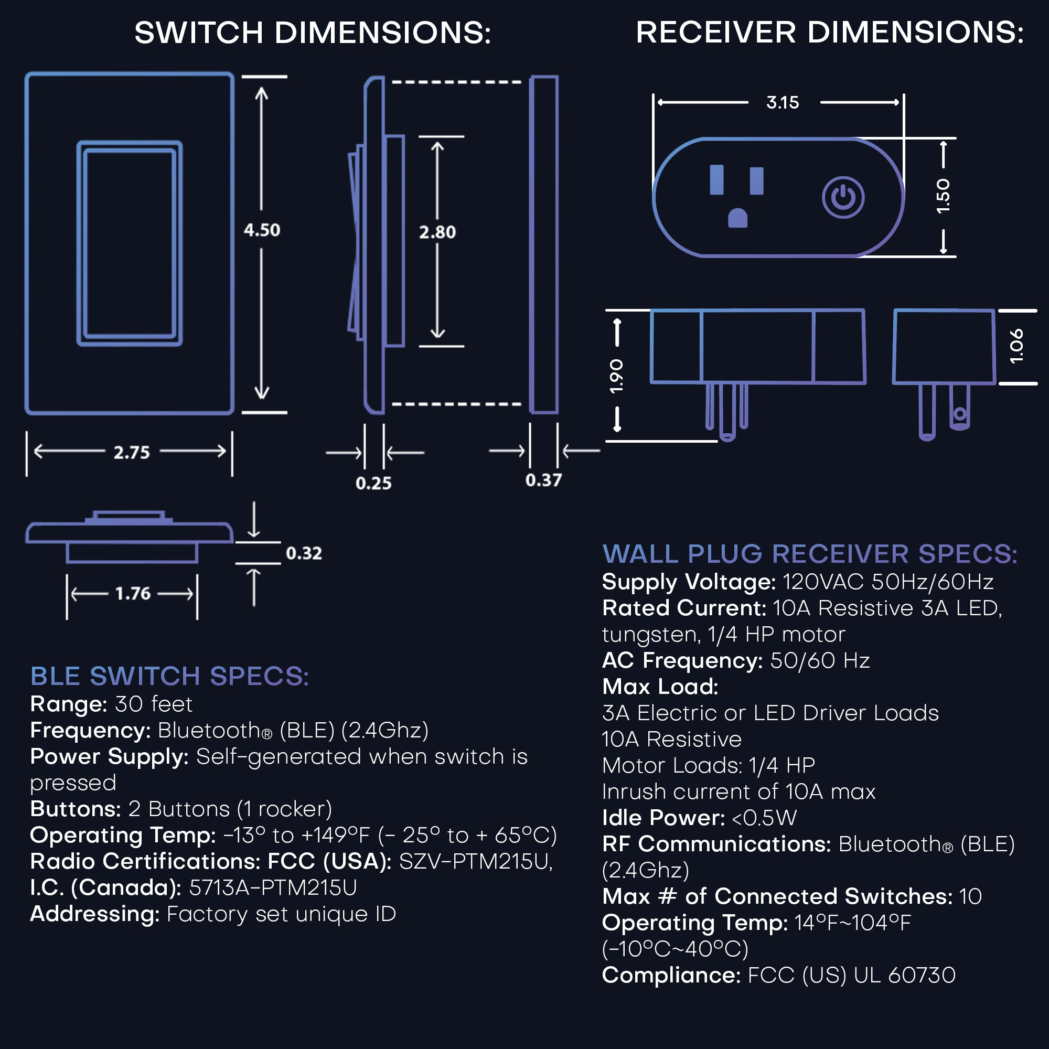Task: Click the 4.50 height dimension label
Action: pyautogui.click(x=262, y=230)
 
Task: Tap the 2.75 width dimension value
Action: pyautogui.click(x=132, y=452)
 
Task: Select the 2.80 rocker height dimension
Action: pyautogui.click(x=437, y=232)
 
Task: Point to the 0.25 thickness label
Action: pyautogui.click(x=373, y=483)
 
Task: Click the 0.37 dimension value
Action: pyautogui.click(x=543, y=480)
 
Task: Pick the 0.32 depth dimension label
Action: pyautogui.click(x=304, y=553)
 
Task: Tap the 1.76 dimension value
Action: pyautogui.click(x=133, y=593)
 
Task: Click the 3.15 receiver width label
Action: pyautogui.click(x=783, y=103)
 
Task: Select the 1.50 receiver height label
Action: pyautogui.click(x=943, y=196)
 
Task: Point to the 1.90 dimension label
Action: pyautogui.click(x=617, y=376)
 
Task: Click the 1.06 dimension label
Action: pyautogui.click(x=1016, y=346)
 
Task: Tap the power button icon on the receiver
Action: pyautogui.click(x=843, y=197)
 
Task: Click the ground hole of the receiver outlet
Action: pyautogui.click(x=737, y=218)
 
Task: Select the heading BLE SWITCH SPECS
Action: pyautogui.click(x=169, y=677)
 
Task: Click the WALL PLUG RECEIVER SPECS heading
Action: pyautogui.click(x=809, y=554)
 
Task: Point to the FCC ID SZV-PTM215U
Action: pyautogui.click(x=476, y=862)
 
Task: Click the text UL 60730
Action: pyautogui.click(x=905, y=975)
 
